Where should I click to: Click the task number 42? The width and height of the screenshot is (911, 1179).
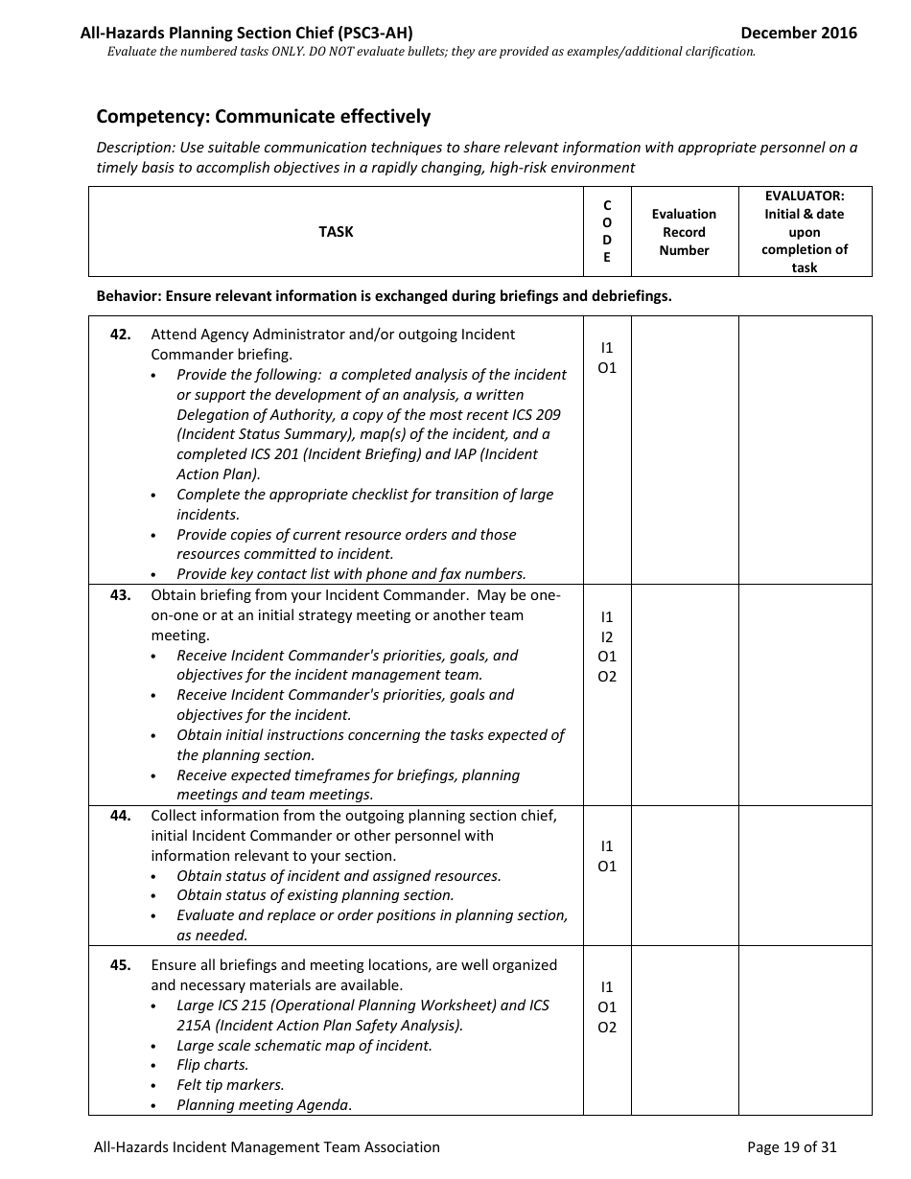pyautogui.click(x=120, y=335)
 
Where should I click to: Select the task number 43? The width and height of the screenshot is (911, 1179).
pyautogui.click(x=120, y=595)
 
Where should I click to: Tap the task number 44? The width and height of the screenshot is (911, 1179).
pyautogui.click(x=120, y=816)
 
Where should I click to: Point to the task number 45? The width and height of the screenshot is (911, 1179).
pyautogui.click(x=120, y=965)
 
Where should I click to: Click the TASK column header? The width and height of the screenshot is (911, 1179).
pyautogui.click(x=336, y=232)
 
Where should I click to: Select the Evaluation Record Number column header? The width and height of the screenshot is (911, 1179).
pyautogui.click(x=684, y=232)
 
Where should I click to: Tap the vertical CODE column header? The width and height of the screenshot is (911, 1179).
pyautogui.click(x=606, y=232)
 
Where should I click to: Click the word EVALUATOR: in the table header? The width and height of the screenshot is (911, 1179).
pyautogui.click(x=805, y=196)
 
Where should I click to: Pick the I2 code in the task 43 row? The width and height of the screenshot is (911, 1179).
pyautogui.click(x=606, y=637)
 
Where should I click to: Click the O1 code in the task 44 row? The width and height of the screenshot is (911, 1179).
pyautogui.click(x=606, y=867)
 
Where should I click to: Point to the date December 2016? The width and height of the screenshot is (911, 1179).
pyautogui.click(x=799, y=33)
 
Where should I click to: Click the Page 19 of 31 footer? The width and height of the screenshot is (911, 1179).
pyautogui.click(x=791, y=1146)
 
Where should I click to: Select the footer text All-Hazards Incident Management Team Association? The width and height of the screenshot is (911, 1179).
pyautogui.click(x=267, y=1146)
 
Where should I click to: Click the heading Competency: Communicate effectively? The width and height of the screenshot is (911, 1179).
pyautogui.click(x=264, y=117)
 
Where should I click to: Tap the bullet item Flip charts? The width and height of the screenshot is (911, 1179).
pyautogui.click(x=212, y=1065)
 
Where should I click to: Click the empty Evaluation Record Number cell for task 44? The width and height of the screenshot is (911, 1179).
pyautogui.click(x=684, y=875)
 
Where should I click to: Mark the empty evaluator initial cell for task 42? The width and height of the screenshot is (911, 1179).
pyautogui.click(x=805, y=450)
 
